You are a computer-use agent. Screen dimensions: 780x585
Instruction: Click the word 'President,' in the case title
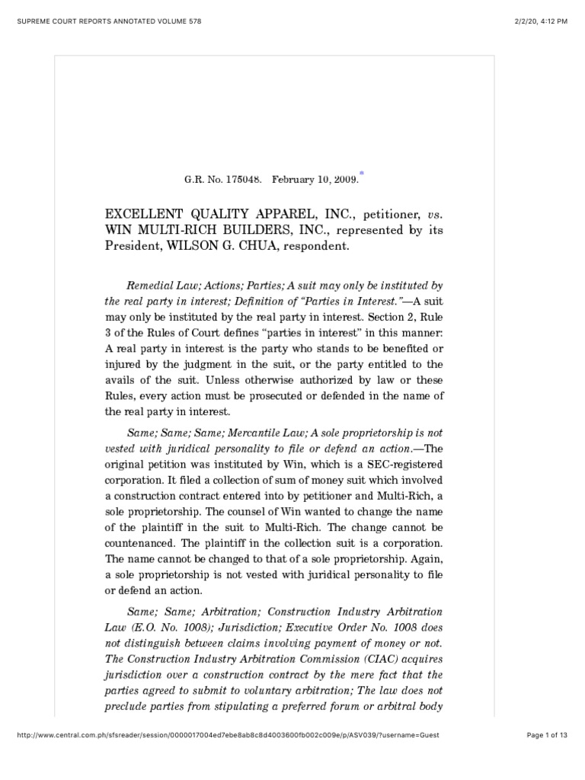pos(130,246)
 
